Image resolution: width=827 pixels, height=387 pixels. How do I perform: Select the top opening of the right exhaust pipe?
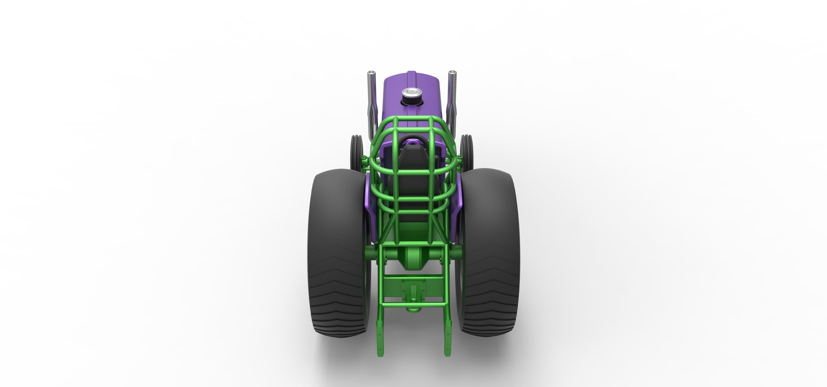click(452, 72)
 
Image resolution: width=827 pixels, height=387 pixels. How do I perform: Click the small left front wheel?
click(356, 151)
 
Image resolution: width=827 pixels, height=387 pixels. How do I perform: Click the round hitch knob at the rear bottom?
click(413, 309)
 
